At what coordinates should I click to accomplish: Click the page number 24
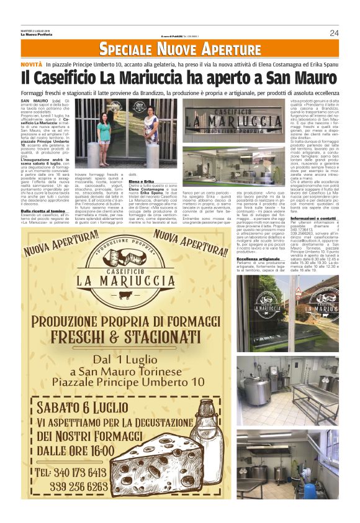click(x=334, y=33)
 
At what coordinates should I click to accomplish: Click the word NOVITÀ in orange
click(x=31, y=65)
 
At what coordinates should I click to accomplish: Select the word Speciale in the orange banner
click(x=127, y=49)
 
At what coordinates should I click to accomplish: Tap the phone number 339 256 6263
click(x=79, y=486)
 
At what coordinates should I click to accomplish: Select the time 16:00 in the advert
click(x=94, y=450)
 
